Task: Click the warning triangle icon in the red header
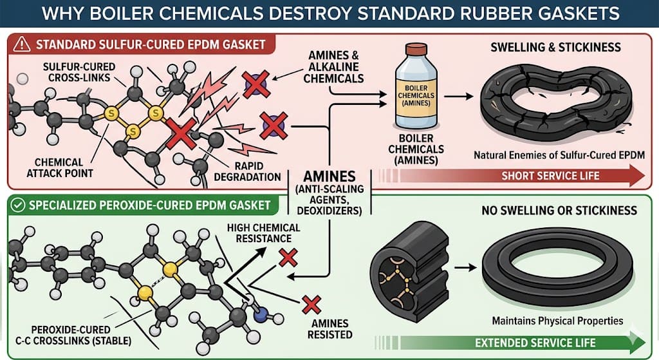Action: point(22,45)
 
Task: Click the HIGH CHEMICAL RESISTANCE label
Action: point(264,232)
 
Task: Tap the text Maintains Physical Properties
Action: point(548,320)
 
